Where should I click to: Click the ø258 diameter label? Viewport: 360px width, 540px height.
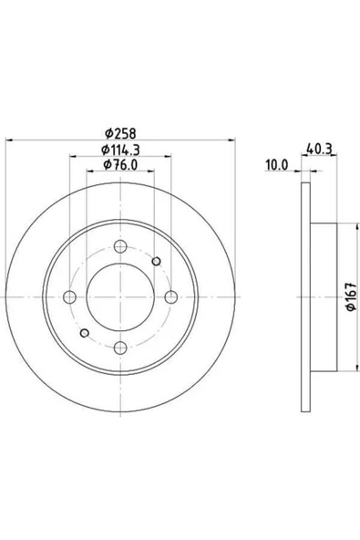click(x=120, y=133)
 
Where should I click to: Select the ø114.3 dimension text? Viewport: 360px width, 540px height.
click(x=120, y=150)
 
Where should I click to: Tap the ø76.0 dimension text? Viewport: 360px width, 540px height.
click(x=120, y=164)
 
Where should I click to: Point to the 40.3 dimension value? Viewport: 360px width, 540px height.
click(x=319, y=149)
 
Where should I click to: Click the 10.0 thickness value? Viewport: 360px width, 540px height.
click(x=276, y=165)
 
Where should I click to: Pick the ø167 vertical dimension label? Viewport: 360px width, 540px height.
click(x=351, y=296)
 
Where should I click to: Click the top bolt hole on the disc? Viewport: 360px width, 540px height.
click(x=120, y=246)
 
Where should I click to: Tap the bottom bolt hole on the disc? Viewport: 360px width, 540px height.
click(x=120, y=348)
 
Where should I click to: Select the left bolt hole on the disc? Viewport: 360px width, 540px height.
click(x=70, y=296)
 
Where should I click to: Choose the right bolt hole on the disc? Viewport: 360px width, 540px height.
click(x=171, y=296)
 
